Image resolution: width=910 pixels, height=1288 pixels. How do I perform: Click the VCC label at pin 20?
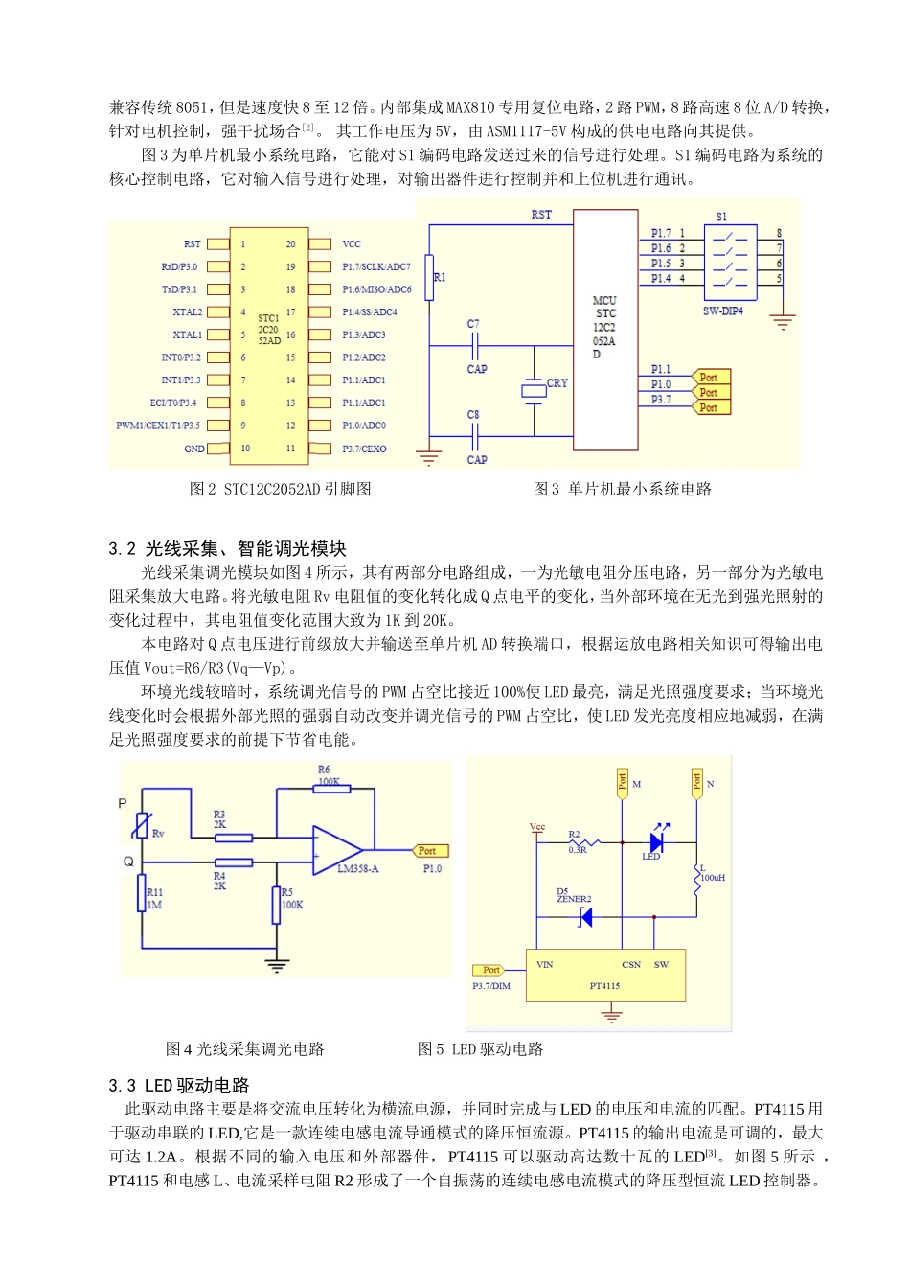click(x=351, y=244)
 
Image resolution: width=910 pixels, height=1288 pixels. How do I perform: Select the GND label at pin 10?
click(x=193, y=448)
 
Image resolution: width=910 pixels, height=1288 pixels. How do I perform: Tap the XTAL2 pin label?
click(x=187, y=312)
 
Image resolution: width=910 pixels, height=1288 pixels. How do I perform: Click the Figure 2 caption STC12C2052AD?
click(x=280, y=490)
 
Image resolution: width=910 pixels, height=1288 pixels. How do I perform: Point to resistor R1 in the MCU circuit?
click(x=429, y=278)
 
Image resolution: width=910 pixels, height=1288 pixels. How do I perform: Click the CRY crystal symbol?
click(x=534, y=389)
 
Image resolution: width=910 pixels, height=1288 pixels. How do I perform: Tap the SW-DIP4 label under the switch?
click(x=722, y=311)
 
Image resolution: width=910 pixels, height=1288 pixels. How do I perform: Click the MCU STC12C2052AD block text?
click(x=604, y=327)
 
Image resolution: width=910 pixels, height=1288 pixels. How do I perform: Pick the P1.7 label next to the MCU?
click(x=661, y=233)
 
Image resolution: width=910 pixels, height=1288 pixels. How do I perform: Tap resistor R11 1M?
click(x=143, y=899)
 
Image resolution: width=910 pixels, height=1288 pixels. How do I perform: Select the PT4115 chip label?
click(x=604, y=986)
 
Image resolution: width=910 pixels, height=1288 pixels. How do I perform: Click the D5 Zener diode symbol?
click(x=584, y=917)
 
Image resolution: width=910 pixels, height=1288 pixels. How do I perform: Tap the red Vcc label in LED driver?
click(x=536, y=827)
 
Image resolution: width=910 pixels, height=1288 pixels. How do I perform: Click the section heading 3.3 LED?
click(x=179, y=1086)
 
